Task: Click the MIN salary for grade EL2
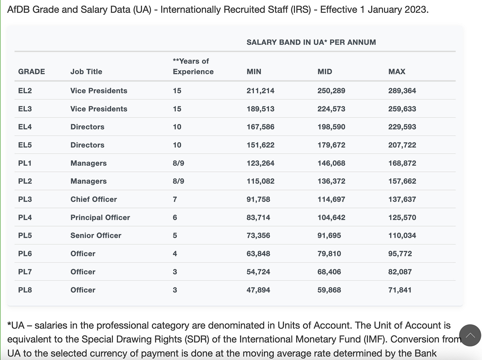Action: coord(260,91)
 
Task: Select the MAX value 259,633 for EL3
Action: coord(402,109)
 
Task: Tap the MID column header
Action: coord(324,72)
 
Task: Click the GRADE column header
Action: coord(31,72)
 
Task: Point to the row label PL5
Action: coord(25,235)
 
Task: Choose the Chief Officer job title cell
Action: coord(93,199)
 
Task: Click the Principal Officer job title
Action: coord(100,218)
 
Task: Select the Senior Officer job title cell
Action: coord(96,235)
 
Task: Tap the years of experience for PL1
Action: coord(178,163)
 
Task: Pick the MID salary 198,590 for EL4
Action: coord(331,127)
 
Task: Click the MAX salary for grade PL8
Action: coord(400,290)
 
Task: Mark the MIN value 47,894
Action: coord(258,290)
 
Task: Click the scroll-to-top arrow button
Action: coord(470,335)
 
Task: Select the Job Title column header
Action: coord(86,72)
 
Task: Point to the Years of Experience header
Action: coord(193,67)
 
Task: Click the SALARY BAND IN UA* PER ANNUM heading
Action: coord(311,42)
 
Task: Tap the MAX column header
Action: coord(397,72)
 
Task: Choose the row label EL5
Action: coord(25,145)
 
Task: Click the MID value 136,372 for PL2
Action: coord(331,181)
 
